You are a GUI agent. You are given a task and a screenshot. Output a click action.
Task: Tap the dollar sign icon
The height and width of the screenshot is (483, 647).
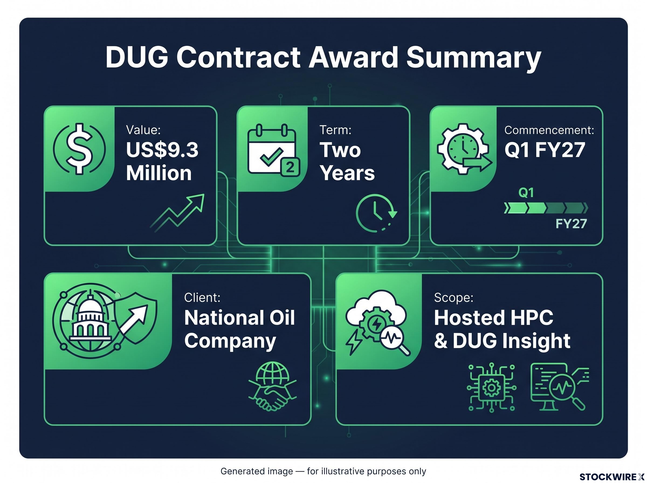[x=80, y=149]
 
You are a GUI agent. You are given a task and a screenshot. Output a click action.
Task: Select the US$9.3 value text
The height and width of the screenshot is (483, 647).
[x=162, y=150]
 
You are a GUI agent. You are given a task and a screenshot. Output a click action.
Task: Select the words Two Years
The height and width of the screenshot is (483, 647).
[x=347, y=161]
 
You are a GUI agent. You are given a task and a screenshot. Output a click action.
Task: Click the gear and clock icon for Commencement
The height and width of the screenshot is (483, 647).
[x=464, y=149]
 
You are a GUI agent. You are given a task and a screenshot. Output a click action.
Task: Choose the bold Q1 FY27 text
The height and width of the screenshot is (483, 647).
[x=545, y=150]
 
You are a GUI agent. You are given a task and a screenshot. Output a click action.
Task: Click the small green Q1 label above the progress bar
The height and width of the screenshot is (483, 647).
[x=526, y=193]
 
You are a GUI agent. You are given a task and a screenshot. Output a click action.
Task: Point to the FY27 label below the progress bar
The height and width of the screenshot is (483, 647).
[x=571, y=224]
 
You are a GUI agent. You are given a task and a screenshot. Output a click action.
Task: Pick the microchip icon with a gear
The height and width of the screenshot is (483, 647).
[x=491, y=388]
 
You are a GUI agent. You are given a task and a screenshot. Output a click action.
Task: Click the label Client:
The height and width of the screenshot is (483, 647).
[x=202, y=297]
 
